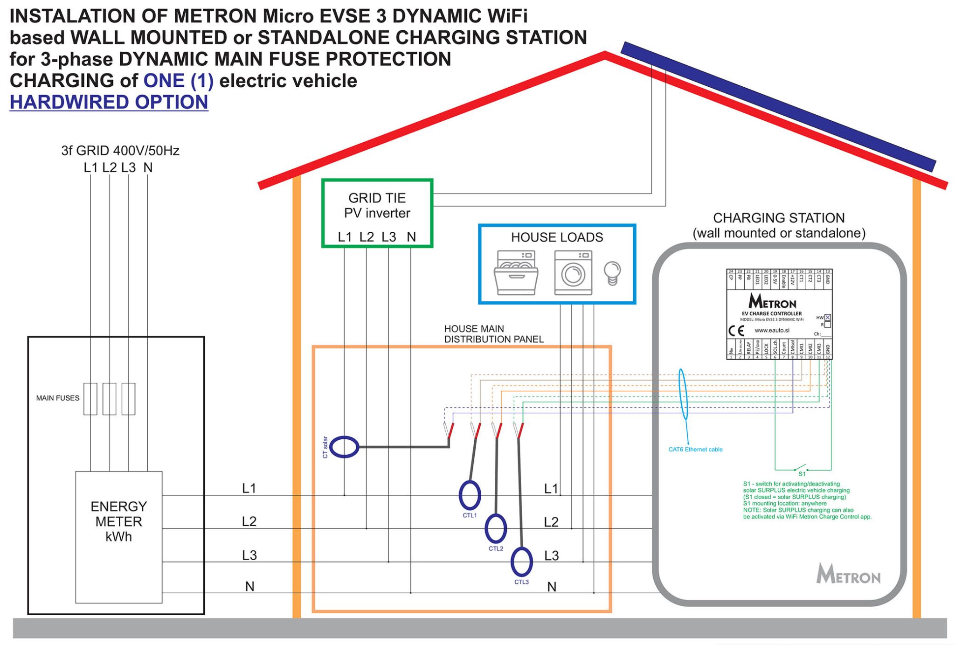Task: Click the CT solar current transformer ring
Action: coord(345,447)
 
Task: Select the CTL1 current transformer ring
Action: coord(470,495)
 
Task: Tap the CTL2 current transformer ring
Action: coord(496,528)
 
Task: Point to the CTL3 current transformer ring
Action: coord(521,562)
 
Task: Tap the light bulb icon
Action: coord(612,273)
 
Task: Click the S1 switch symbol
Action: coord(801,468)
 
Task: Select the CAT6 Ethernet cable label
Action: coord(695,450)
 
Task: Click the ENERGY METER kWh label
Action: coord(118,521)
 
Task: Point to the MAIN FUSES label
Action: coord(58,398)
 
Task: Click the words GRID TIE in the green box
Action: coord(377,198)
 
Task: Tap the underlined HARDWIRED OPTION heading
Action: coord(109,102)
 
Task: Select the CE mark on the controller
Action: coord(736,331)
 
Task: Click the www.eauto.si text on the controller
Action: coord(772,331)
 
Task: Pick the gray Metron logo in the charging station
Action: coord(848,575)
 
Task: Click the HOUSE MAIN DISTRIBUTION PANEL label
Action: coord(493,334)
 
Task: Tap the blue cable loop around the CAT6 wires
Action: coord(683,394)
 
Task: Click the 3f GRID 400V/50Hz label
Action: coord(120,151)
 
